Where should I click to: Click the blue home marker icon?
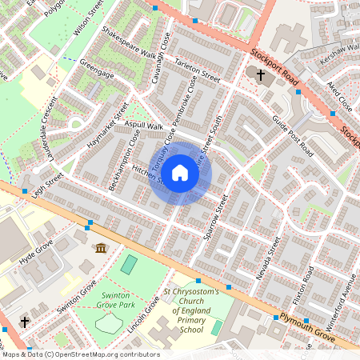coord(180,173)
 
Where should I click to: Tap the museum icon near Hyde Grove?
coord(100,250)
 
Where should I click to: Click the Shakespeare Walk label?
coord(129,44)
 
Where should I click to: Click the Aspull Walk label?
coord(143,126)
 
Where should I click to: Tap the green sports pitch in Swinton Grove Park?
coord(128,264)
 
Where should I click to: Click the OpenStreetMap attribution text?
coord(80,354)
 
